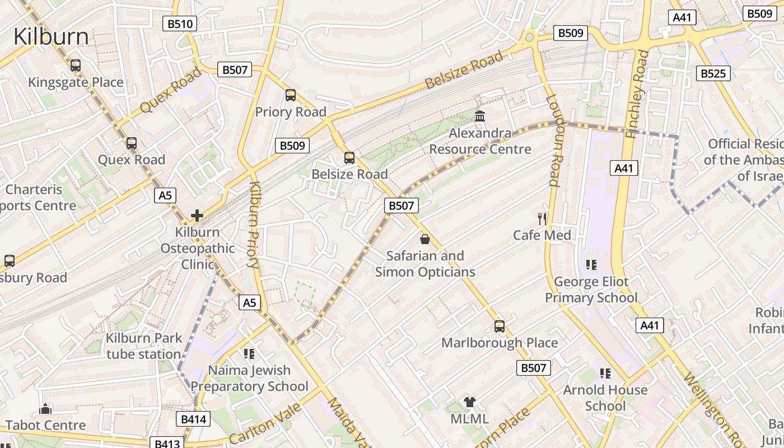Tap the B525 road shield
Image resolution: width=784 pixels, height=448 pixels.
click(x=713, y=73)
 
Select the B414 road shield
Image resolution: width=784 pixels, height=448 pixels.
click(x=194, y=419)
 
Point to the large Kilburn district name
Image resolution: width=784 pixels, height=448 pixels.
click(x=51, y=36)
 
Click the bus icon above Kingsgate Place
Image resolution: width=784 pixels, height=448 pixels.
click(x=76, y=66)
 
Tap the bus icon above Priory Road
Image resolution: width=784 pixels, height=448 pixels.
click(x=290, y=95)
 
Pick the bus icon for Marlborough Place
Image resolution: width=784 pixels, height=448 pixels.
click(x=499, y=326)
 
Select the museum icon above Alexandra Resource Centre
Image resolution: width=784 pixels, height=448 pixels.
click(x=480, y=116)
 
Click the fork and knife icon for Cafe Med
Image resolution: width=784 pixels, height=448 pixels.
click(x=542, y=218)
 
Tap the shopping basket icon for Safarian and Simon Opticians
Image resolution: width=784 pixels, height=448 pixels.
click(x=425, y=239)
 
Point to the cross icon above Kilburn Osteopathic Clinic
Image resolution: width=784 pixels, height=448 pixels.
click(x=197, y=215)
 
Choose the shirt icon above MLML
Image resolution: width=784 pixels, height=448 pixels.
click(x=469, y=402)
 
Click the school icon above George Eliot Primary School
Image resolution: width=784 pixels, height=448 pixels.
click(x=591, y=264)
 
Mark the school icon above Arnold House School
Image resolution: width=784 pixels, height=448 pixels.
click(x=605, y=373)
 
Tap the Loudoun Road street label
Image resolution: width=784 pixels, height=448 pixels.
click(x=553, y=140)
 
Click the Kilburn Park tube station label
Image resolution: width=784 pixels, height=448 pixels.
click(x=144, y=346)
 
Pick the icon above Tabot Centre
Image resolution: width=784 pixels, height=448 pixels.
click(x=46, y=409)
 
